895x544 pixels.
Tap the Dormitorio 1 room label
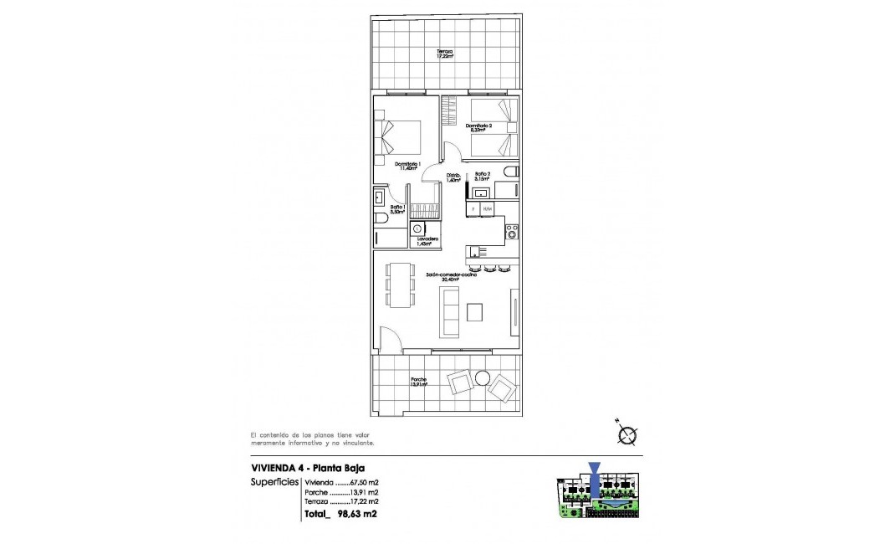(407, 166)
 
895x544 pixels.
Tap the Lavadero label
(429, 241)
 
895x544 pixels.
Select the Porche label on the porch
(419, 382)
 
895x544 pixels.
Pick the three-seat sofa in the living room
(449, 310)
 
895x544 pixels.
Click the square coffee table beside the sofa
(474, 311)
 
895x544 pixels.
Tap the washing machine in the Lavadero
(417, 227)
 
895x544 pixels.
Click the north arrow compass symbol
(626, 434)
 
